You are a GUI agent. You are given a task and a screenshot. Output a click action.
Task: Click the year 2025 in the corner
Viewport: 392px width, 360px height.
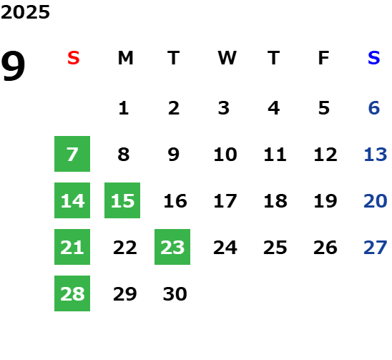pyautogui.click(x=25, y=12)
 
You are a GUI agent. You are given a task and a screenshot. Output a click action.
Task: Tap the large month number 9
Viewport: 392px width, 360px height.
pyautogui.click(x=13, y=66)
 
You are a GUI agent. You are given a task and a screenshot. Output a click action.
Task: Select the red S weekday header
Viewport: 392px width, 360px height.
pyautogui.click(x=74, y=58)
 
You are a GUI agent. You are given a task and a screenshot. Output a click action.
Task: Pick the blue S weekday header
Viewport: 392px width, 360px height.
pyautogui.click(x=374, y=58)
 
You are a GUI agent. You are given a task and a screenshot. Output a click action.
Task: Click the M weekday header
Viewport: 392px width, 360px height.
pyautogui.click(x=125, y=58)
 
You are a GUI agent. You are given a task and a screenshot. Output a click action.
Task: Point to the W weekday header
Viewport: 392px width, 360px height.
pyautogui.click(x=227, y=58)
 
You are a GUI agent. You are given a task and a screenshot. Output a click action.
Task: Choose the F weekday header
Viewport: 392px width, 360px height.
pyautogui.click(x=324, y=58)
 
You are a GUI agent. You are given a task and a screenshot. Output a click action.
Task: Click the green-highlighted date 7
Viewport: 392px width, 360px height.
pyautogui.click(x=72, y=154)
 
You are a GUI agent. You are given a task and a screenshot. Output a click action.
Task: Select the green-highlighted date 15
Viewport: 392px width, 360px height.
pyautogui.click(x=122, y=200)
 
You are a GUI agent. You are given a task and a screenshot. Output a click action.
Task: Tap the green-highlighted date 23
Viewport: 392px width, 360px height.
pyautogui.click(x=172, y=247)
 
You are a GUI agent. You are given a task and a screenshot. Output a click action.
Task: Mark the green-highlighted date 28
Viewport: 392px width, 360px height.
pyautogui.click(x=72, y=293)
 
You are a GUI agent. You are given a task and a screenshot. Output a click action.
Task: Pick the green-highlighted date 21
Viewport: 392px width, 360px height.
pyautogui.click(x=72, y=247)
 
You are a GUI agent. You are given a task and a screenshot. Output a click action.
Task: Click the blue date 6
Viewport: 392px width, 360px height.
pyautogui.click(x=374, y=108)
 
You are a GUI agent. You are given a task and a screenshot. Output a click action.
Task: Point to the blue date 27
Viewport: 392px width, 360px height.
pyautogui.click(x=376, y=248)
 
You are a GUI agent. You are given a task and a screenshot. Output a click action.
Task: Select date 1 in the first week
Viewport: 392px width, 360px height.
pyautogui.click(x=124, y=108)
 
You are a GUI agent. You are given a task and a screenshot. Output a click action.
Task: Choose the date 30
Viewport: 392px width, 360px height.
pyautogui.click(x=175, y=294)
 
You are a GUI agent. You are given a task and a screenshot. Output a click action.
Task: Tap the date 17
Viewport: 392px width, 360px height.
pyautogui.click(x=225, y=201)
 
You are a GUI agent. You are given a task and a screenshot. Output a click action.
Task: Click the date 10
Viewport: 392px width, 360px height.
pyautogui.click(x=225, y=155)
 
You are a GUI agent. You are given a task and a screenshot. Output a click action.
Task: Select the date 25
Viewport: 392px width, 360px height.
pyautogui.click(x=275, y=248)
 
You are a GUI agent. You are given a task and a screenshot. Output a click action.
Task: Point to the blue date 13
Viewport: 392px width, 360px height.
pyautogui.click(x=376, y=155)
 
